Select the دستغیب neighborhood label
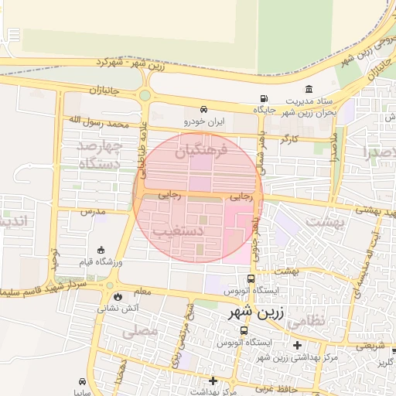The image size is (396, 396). pyautogui.click(x=179, y=230)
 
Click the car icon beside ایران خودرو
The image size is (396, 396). pyautogui.click(x=203, y=110)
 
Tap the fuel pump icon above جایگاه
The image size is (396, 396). pyautogui.click(x=265, y=99)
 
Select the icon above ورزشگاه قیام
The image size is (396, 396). pyautogui.click(x=102, y=250)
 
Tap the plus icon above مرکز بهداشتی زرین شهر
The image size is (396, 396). pyautogui.click(x=297, y=345)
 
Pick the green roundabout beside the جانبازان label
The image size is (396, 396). pyautogui.click(x=145, y=95)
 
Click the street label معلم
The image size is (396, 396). pyautogui.click(x=142, y=292)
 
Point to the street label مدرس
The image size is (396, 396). pyautogui.click(x=92, y=210)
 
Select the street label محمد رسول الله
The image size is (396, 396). pyautogui.click(x=97, y=121)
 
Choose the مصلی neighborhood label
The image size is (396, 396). pyautogui.click(x=140, y=330)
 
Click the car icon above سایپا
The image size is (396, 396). pyautogui.click(x=83, y=381)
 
